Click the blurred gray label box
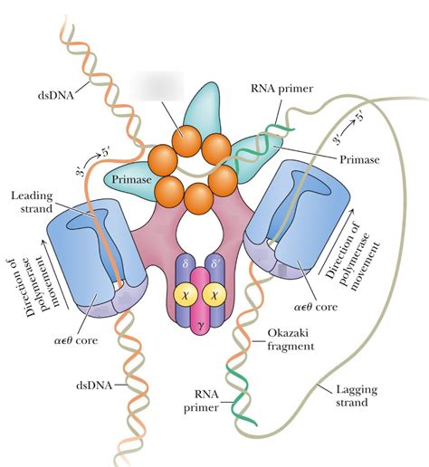click(157, 86)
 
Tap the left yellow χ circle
click(186, 295)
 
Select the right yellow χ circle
click(214, 295)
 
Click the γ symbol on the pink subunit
click(200, 325)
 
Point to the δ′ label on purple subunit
click(215, 264)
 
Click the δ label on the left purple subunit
click(185, 264)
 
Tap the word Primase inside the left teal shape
click(131, 179)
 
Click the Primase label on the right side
click(359, 159)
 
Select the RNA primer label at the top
click(282, 89)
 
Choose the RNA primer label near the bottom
click(201, 401)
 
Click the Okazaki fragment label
click(291, 339)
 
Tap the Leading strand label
click(32, 202)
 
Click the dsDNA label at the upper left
click(55, 95)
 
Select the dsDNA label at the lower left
click(94, 386)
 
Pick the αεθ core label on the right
click(316, 307)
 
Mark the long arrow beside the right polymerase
click(336, 241)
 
